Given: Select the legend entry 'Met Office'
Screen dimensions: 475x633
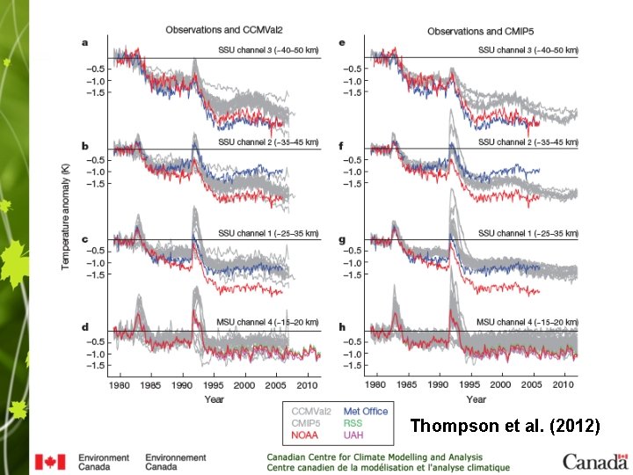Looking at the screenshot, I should click(365, 411).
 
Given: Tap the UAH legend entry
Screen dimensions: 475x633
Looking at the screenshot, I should click(354, 435).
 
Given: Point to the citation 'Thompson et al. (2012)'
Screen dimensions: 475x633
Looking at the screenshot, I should click(505, 427).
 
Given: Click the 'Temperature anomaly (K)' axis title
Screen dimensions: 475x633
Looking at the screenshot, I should click(65, 204).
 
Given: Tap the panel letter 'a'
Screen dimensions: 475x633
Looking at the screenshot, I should click(85, 42).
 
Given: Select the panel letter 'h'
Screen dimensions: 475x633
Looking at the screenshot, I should click(344, 327).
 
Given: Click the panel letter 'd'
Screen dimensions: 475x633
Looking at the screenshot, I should click(85, 327).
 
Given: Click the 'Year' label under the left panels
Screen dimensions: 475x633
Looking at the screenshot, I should click(215, 398).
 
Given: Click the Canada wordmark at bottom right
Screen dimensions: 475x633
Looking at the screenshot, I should click(595, 461).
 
